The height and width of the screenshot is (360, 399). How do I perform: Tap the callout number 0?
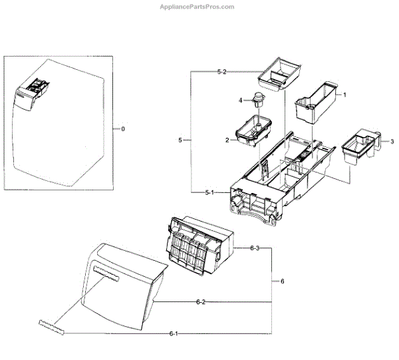[122, 128]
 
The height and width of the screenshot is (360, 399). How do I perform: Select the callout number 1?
[344, 96]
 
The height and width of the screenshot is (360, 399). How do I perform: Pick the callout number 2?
[227, 140]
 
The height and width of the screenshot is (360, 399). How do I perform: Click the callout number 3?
[392, 141]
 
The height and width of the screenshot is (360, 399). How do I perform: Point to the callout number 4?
[241, 100]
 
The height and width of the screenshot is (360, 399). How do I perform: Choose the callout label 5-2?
[222, 71]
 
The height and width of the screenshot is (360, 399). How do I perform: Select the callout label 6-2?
[200, 302]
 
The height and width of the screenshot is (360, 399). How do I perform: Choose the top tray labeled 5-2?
[278, 75]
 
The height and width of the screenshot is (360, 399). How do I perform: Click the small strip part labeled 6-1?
[53, 325]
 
